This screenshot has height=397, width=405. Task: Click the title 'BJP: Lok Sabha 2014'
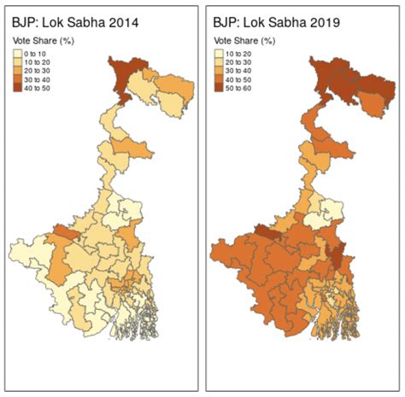pos(74,22)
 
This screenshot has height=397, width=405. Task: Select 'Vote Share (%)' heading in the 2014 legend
pos(44,41)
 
